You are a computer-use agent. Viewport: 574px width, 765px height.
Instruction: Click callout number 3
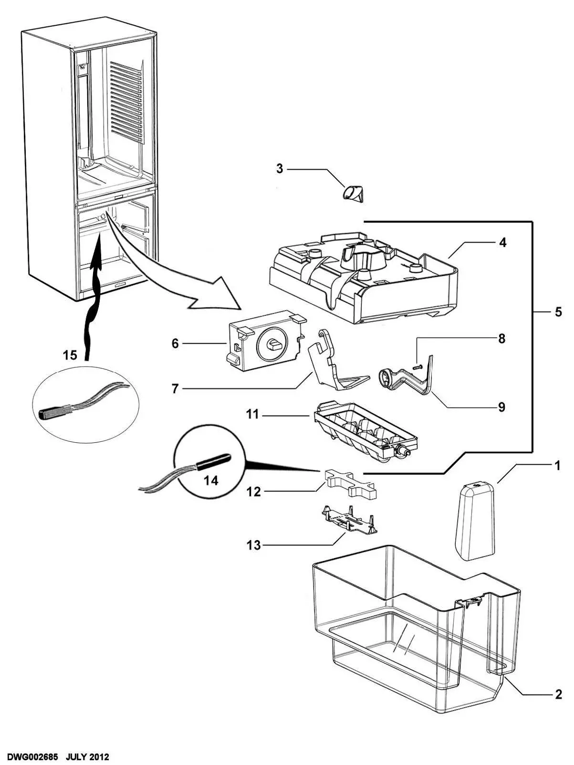pos(280,168)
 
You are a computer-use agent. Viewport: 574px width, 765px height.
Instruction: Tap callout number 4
pos(502,243)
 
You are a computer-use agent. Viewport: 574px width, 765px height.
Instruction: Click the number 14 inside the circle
pos(211,481)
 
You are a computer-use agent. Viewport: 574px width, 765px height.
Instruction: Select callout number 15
pos(70,355)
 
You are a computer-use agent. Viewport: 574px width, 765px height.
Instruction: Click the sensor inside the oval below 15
pos(52,411)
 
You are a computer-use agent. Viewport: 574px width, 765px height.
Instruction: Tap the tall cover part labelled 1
pos(474,520)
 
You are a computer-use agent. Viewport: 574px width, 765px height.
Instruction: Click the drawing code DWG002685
pos(32,757)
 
